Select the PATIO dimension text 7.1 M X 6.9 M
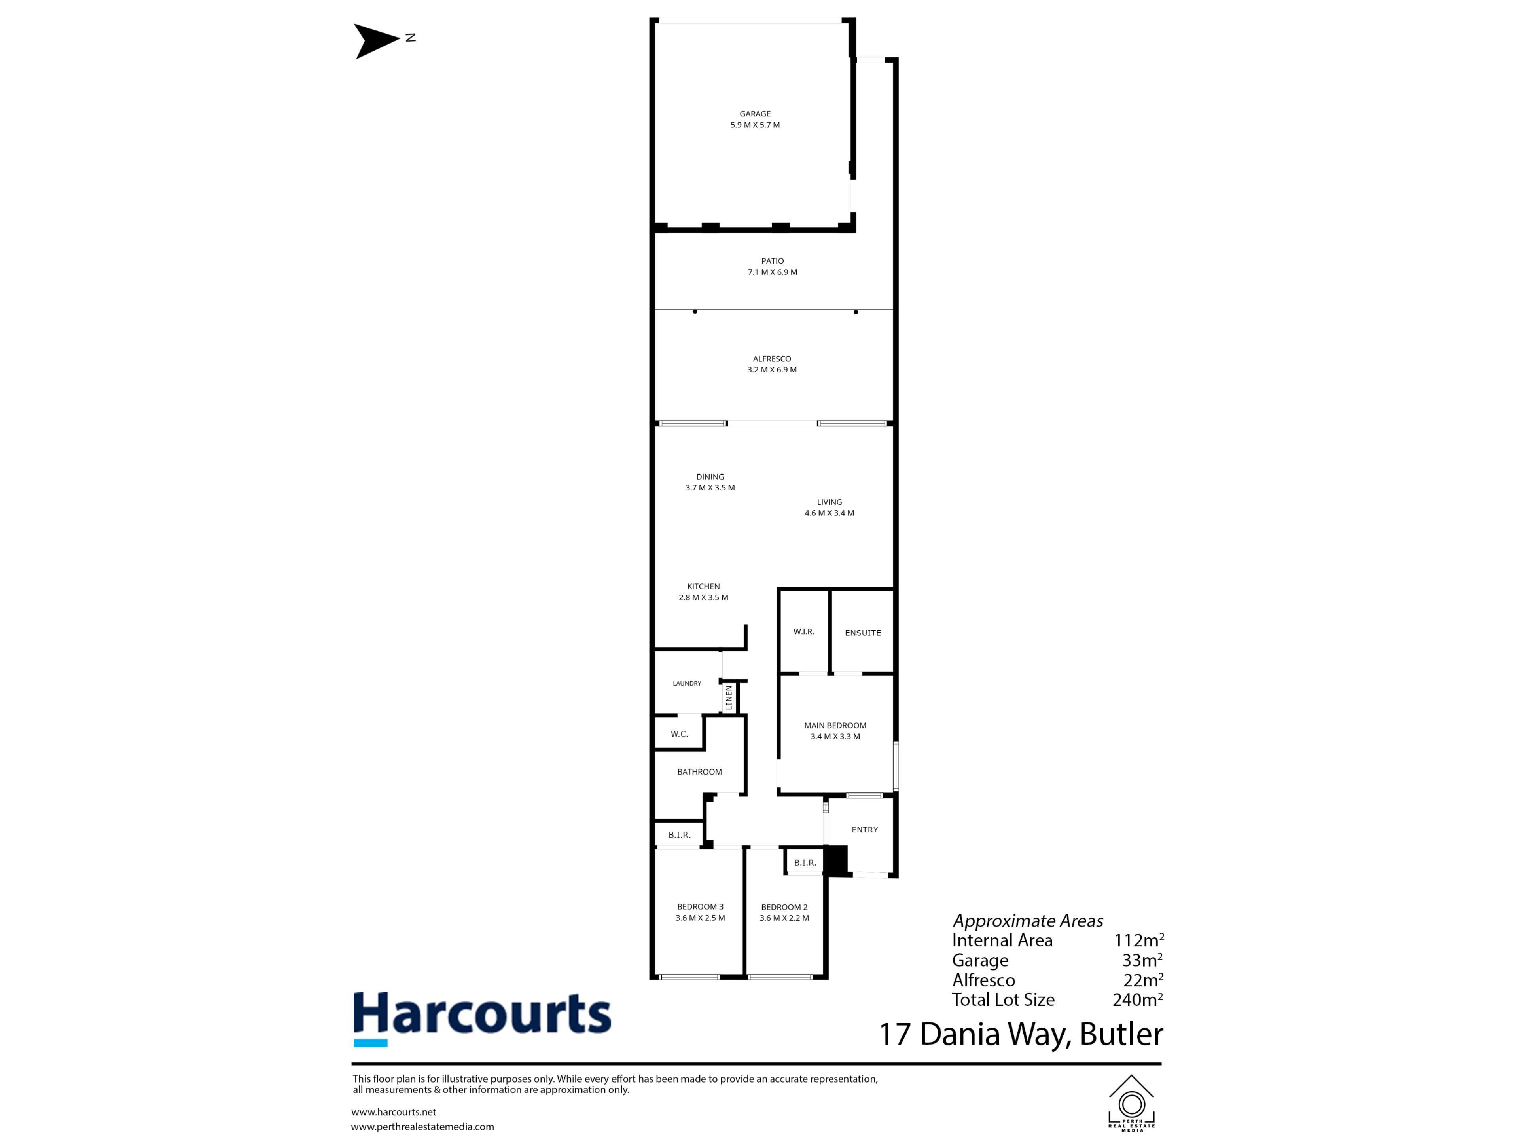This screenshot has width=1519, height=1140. click(773, 272)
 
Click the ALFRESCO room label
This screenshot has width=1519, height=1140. click(772, 359)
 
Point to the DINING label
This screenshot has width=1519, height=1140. click(710, 477)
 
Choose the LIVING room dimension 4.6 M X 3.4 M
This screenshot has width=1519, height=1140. click(830, 513)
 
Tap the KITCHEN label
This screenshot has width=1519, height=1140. click(703, 587)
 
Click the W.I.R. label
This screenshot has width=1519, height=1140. click(803, 631)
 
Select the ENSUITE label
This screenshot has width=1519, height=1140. click(862, 633)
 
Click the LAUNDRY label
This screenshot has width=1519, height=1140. click(687, 684)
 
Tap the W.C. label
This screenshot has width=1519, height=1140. click(679, 734)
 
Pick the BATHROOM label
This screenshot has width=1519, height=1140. click(699, 772)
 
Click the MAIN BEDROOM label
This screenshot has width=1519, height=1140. click(835, 726)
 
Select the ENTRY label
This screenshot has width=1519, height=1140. click(865, 830)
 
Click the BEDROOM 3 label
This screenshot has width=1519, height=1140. click(700, 907)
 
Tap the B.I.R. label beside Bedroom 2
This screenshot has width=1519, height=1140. click(805, 863)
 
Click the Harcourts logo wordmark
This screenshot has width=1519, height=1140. click(481, 1014)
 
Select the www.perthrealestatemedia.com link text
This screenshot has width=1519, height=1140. click(422, 1127)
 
